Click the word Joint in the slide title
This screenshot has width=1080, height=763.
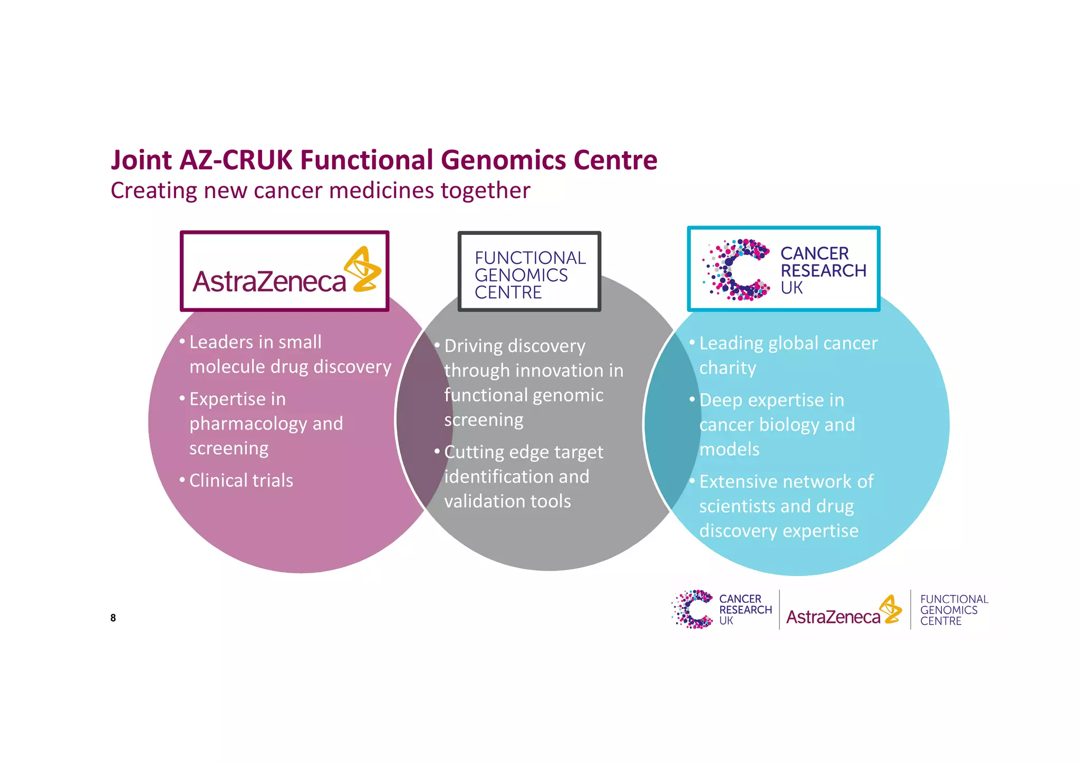pyautogui.click(x=141, y=160)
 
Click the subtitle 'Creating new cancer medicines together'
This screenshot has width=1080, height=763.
pyautogui.click(x=320, y=191)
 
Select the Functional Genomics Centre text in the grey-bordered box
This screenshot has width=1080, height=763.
pyautogui.click(x=529, y=275)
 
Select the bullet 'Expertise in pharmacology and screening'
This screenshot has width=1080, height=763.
pyautogui.click(x=266, y=424)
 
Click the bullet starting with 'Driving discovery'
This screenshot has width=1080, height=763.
pyautogui.click(x=533, y=383)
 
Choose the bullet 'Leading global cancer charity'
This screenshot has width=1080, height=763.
pyautogui.click(x=788, y=355)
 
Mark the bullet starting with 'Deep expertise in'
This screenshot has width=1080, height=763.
pyautogui.click(x=777, y=425)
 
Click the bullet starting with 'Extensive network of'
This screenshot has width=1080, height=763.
pyautogui.click(x=786, y=506)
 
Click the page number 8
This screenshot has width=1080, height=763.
pyautogui.click(x=113, y=618)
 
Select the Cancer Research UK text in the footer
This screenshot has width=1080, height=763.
pyautogui.click(x=745, y=610)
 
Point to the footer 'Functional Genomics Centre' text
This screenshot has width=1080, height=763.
pyautogui.click(x=953, y=610)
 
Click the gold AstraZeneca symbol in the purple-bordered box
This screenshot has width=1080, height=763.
pyautogui.click(x=364, y=269)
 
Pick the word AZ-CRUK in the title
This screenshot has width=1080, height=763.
pyautogui.click(x=236, y=160)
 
